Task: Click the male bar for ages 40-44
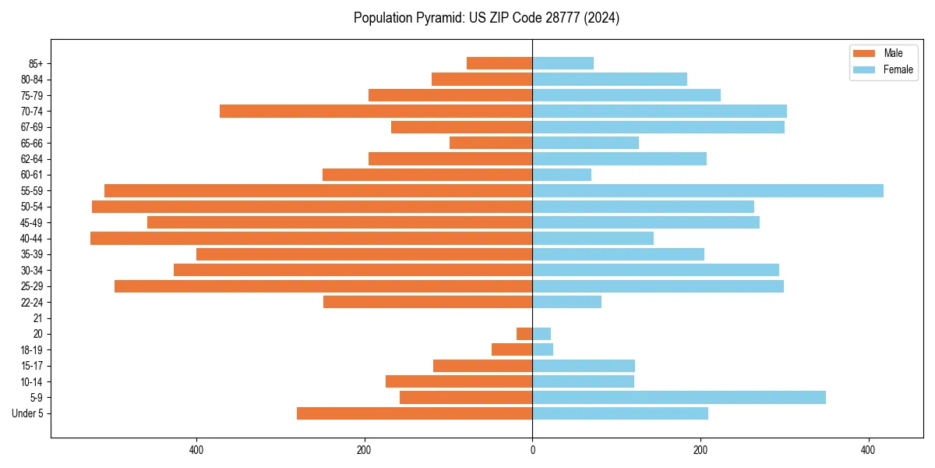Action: point(312,238)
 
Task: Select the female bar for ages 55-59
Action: point(707,190)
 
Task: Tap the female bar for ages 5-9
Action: point(679,397)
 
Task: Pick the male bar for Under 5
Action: point(415,413)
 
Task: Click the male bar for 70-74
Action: point(376,111)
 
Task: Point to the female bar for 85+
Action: point(563,63)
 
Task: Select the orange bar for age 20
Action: point(524,334)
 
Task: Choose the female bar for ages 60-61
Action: point(562,175)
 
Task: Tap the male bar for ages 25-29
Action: point(323,286)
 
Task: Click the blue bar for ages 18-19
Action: point(543,349)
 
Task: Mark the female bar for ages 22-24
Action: point(566,302)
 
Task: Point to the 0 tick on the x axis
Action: point(533,451)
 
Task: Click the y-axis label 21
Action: point(37,318)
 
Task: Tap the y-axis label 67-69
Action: point(32,127)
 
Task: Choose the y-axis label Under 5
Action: point(27,413)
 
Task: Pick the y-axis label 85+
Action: point(34,63)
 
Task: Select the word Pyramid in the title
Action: point(437,18)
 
